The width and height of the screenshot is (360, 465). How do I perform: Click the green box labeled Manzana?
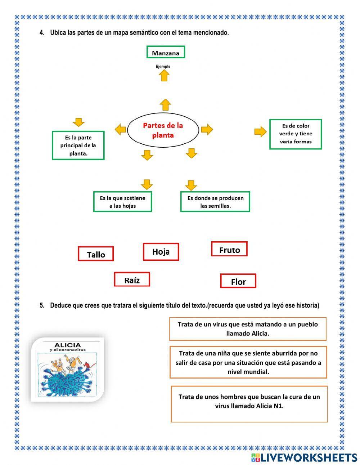click(166, 52)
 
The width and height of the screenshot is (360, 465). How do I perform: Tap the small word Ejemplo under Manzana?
click(163, 66)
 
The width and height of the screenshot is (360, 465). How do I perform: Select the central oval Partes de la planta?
click(163, 130)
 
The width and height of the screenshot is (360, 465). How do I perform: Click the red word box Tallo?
click(96, 254)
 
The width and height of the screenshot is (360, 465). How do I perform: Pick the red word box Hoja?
click(161, 252)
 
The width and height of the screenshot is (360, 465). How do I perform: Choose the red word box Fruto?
click(229, 249)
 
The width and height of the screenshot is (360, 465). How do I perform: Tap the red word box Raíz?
click(132, 280)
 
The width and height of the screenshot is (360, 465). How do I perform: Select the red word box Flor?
click(238, 281)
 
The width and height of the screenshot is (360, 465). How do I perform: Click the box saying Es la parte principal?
click(78, 146)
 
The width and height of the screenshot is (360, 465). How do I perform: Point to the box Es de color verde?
click(295, 134)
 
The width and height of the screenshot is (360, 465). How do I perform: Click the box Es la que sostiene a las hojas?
click(122, 202)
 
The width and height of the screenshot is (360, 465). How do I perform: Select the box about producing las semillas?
click(215, 202)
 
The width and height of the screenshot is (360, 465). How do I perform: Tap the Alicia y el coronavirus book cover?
click(68, 369)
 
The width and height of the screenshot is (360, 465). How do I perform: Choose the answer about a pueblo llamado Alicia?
click(248, 328)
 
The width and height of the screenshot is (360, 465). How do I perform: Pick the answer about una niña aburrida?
click(248, 362)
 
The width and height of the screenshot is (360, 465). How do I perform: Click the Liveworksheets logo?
click(304, 457)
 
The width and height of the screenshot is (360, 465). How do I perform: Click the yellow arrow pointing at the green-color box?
click(260, 132)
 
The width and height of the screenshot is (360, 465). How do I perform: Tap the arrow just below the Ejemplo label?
click(164, 75)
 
